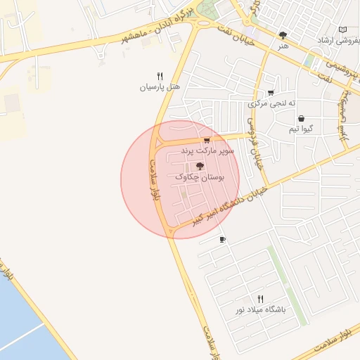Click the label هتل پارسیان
pos(160,88)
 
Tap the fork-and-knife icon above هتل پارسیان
pos(160,76)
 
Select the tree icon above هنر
pos(283,34)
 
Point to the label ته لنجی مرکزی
pos(270,104)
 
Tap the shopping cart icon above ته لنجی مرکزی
pos(271,93)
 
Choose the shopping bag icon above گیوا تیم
pos(302,118)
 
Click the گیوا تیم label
pos(303,129)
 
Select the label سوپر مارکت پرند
pos(207,151)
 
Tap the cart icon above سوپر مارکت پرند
pos(207,141)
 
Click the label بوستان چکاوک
pos(199,179)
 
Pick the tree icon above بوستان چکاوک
pos(200,167)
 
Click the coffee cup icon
pos(223,240)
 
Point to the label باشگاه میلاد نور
pos(261,310)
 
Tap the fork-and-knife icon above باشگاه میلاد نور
pos(261,299)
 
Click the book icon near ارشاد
pos(342,30)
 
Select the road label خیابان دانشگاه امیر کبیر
pos(229,204)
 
